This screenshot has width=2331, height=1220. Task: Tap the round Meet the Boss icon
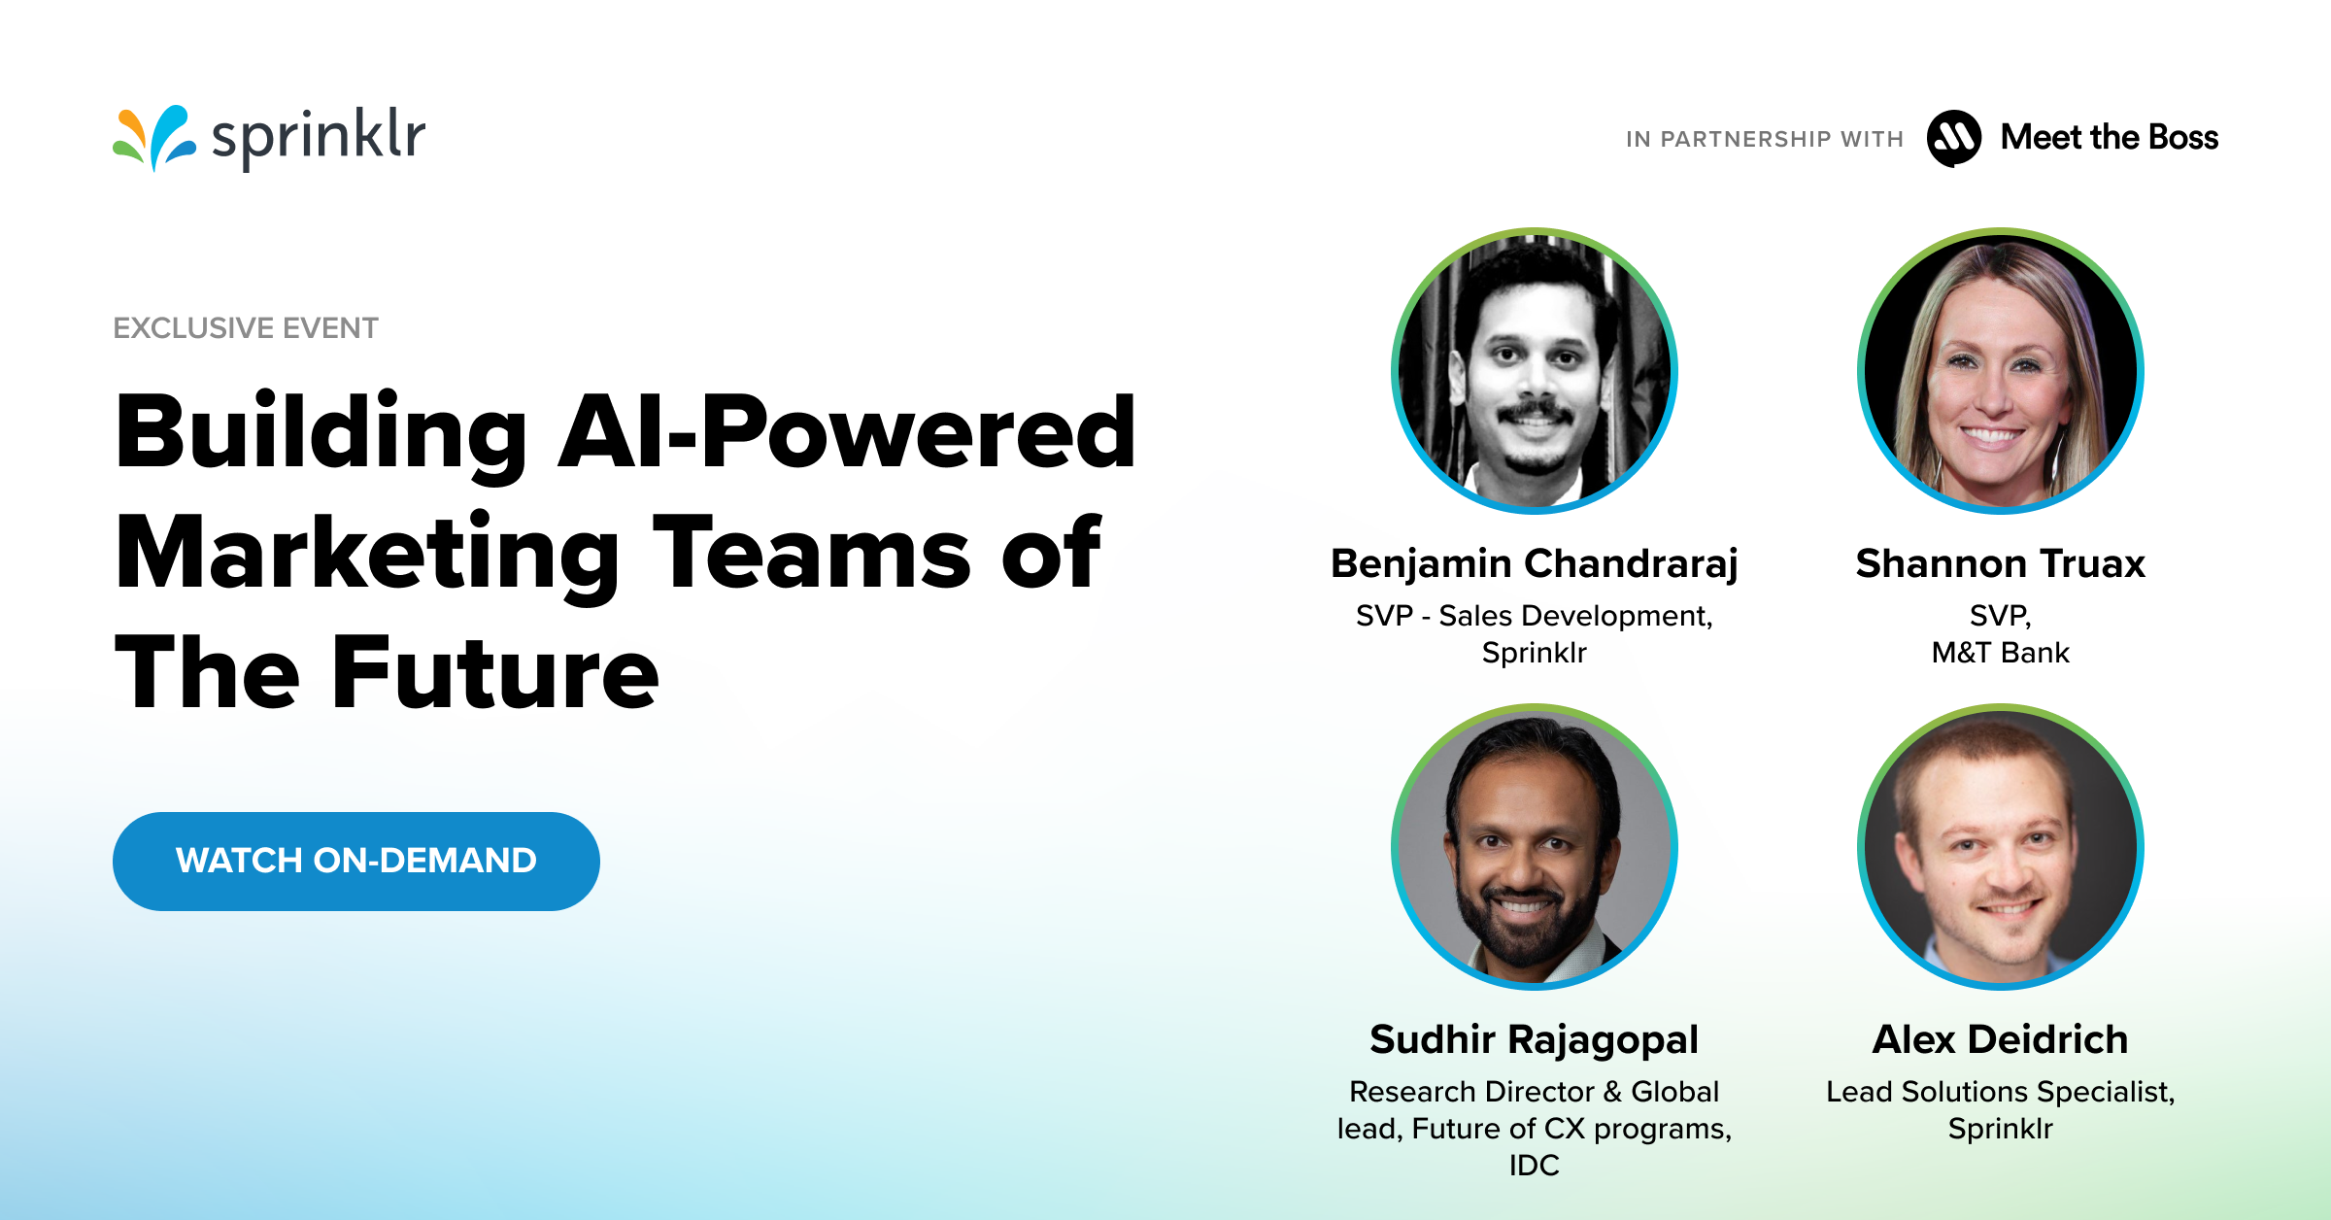[1954, 138]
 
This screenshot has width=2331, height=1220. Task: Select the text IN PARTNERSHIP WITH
[1765, 140]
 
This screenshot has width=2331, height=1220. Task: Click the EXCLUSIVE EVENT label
[246, 328]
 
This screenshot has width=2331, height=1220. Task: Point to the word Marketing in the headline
[367, 554]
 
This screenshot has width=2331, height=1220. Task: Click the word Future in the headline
[495, 672]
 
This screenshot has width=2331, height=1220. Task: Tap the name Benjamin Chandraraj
[1535, 563]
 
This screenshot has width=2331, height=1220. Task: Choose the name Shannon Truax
[2001, 563]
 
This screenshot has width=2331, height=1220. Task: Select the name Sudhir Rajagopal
[1535, 1039]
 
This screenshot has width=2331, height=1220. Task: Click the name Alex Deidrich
[2001, 1039]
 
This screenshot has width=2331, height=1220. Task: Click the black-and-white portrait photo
[1535, 371]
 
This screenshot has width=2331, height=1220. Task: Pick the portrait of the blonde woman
[2001, 371]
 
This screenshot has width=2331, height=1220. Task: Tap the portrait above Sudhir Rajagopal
[1535, 847]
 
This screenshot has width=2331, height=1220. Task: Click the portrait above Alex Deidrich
[2001, 847]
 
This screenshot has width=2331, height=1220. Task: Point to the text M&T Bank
[2001, 653]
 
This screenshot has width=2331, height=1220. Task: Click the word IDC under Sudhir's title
[1535, 1165]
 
